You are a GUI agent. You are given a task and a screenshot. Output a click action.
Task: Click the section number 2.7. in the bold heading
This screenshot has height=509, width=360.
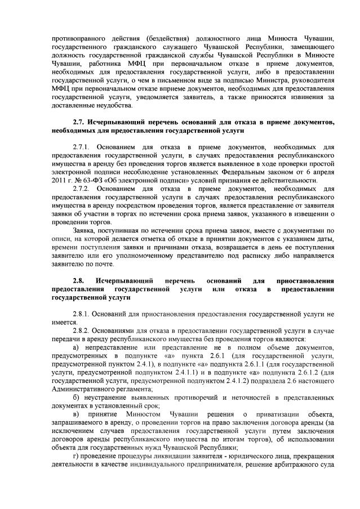pyautogui.click(x=80, y=122)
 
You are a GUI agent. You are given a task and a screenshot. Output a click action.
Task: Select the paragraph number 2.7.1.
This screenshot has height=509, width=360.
pyautogui.click(x=82, y=148)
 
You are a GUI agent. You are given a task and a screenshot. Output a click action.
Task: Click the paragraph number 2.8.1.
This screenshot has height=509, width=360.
pyautogui.click(x=82, y=314)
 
